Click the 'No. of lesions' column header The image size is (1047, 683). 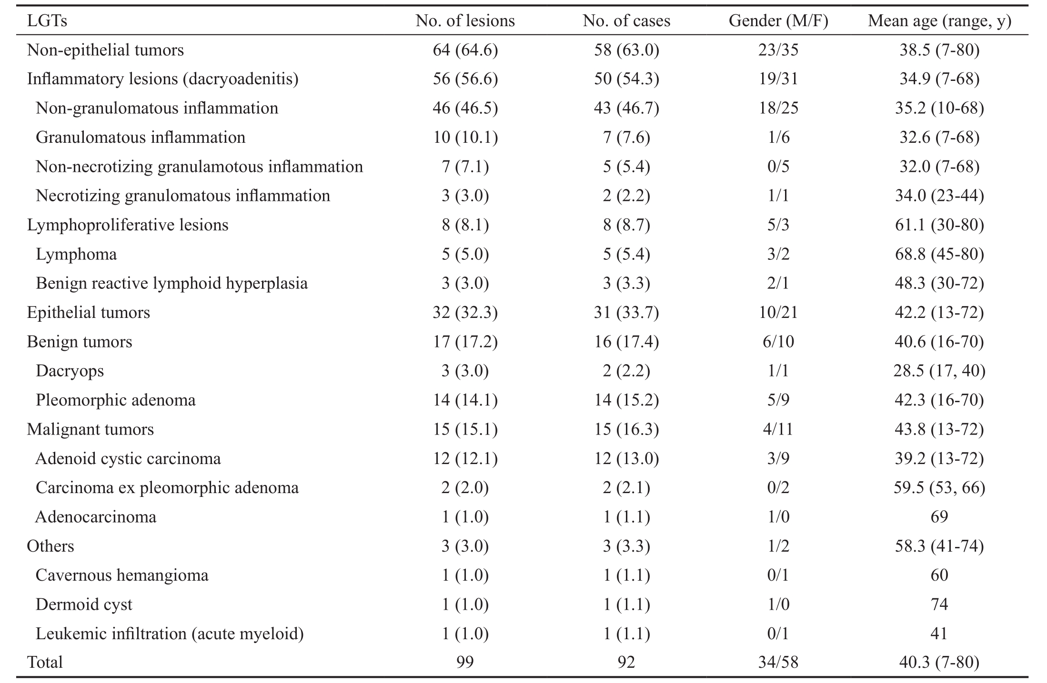click(465, 21)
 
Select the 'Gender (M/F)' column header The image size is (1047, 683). click(778, 21)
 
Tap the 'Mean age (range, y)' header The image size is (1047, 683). click(939, 21)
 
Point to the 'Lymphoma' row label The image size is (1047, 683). click(76, 254)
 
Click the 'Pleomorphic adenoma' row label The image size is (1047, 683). click(116, 400)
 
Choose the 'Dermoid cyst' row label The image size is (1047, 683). click(84, 604)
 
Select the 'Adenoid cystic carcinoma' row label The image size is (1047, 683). click(128, 458)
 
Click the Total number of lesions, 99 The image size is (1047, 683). click(465, 663)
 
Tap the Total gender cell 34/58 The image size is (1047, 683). click(778, 663)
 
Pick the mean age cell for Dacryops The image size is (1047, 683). click(939, 371)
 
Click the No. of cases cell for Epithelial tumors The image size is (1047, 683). click(626, 313)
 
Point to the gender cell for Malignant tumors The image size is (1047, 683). click(778, 429)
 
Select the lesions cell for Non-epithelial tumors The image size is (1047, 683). click(465, 50)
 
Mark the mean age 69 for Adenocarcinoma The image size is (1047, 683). click(939, 517)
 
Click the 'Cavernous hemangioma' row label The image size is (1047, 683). click(122, 575)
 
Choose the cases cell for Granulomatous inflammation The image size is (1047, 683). click(626, 138)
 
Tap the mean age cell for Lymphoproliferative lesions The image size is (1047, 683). click(939, 225)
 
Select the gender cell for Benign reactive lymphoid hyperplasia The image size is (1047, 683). click(778, 284)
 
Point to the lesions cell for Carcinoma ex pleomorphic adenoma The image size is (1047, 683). click(465, 488)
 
